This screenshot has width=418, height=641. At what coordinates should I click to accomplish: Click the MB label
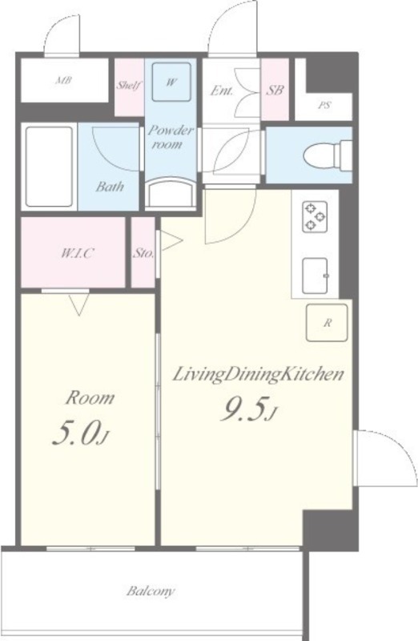[x=64, y=80]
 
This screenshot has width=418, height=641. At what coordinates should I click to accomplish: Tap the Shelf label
[x=129, y=86]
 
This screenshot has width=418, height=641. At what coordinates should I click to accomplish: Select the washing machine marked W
[x=171, y=82]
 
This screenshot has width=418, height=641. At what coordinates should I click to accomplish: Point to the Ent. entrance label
[x=222, y=91]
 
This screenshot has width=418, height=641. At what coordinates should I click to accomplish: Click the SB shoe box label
[x=275, y=90]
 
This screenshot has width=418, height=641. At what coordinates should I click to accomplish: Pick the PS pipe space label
[x=324, y=105]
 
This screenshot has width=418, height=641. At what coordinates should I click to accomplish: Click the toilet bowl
[x=328, y=155]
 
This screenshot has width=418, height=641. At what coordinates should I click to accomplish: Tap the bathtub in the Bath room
[x=49, y=167]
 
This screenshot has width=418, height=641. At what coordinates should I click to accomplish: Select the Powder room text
[x=171, y=137]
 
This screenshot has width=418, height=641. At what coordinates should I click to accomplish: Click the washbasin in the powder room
[x=171, y=192]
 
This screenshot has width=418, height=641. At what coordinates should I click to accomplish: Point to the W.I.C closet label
[x=76, y=253]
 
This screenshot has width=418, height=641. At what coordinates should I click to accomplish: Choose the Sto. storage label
[x=143, y=253]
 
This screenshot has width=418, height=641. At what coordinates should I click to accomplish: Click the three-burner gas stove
[x=315, y=216]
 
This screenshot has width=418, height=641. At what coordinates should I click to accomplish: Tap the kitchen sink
[x=315, y=276]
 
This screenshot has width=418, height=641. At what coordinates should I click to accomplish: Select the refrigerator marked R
[x=327, y=323]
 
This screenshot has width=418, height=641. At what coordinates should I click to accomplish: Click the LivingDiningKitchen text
[x=258, y=374]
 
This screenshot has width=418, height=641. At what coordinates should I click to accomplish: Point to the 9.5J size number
[x=248, y=409]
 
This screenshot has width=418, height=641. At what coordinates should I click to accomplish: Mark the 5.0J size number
[x=81, y=433]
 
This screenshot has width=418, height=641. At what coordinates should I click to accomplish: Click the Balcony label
[x=151, y=591]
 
